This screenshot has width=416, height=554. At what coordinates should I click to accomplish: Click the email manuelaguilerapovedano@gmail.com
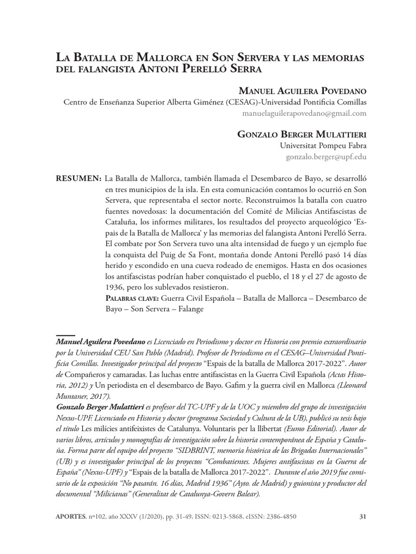pos(305,114)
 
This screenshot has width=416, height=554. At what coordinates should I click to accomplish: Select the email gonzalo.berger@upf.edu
pos(327,157)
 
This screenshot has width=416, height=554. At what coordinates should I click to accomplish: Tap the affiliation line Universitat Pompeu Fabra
pos(323,146)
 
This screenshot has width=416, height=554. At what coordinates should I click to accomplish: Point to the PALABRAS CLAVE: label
pos(130,298)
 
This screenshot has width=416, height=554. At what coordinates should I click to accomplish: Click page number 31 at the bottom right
pos(363,517)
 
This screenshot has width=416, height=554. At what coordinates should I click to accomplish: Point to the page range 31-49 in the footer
pos(166,517)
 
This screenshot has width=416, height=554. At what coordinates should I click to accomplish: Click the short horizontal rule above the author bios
pos(66,335)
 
